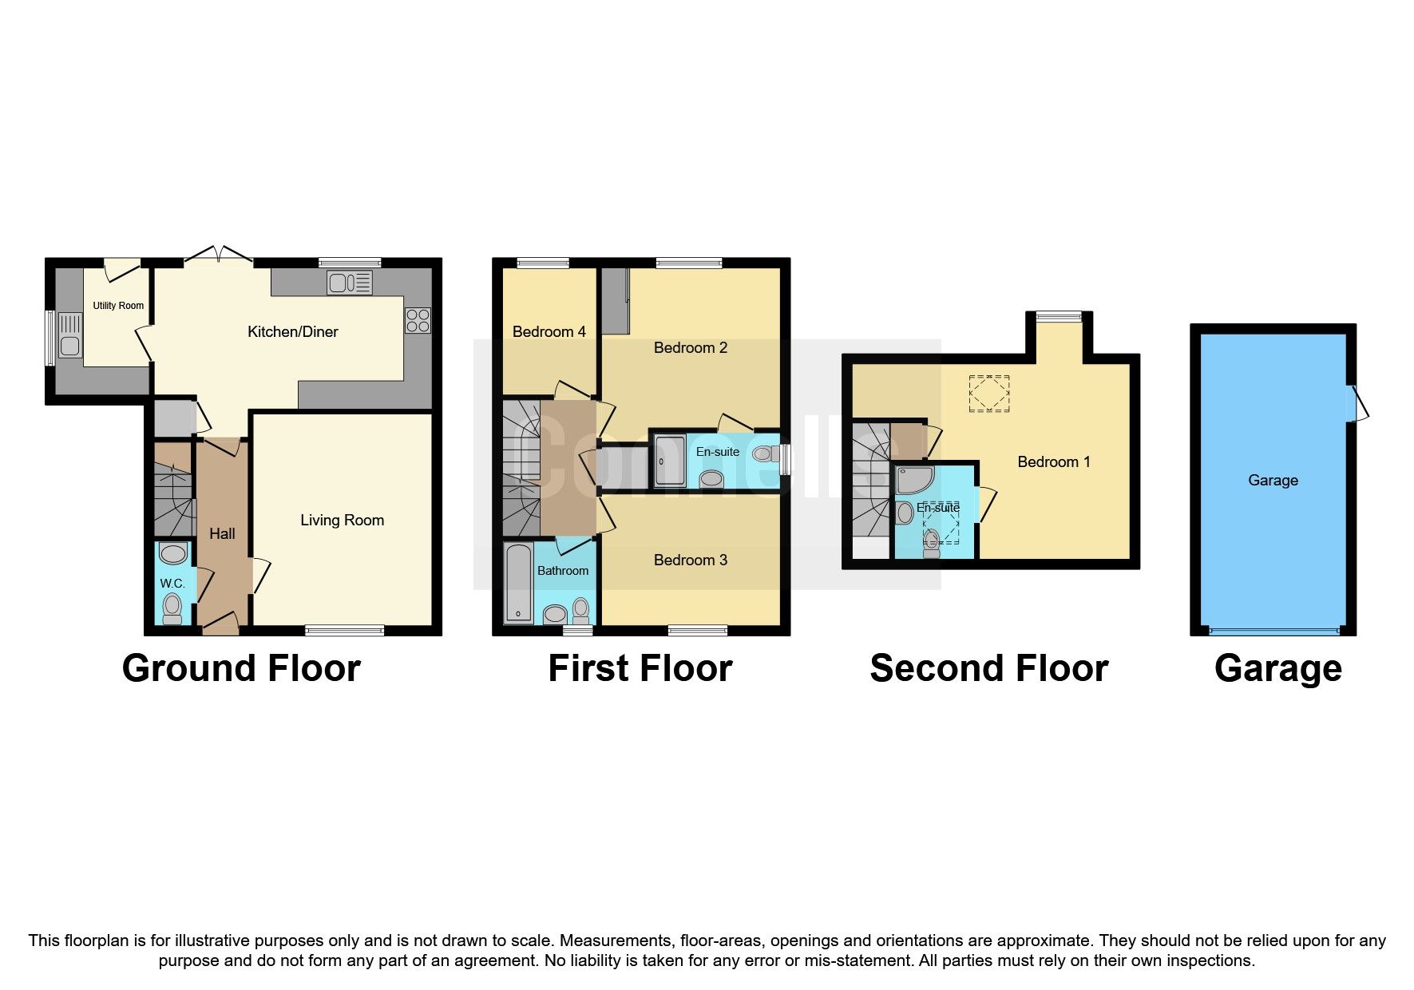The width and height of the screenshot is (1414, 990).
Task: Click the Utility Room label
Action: (118, 306)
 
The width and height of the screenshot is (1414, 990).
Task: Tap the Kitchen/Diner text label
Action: (292, 332)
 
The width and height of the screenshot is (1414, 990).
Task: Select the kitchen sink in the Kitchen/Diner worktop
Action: (349, 282)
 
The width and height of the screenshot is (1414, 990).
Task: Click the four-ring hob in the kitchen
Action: (418, 320)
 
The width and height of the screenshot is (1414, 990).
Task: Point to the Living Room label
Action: (342, 521)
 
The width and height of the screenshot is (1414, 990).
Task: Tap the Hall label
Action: (222, 534)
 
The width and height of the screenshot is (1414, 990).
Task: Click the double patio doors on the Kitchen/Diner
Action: (218, 255)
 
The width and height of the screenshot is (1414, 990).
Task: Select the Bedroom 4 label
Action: (549, 332)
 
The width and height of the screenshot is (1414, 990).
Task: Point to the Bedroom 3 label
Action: (690, 560)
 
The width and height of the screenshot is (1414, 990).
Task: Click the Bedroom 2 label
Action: (690, 348)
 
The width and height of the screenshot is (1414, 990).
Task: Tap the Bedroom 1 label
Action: (1053, 462)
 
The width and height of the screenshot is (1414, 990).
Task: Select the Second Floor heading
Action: (988, 669)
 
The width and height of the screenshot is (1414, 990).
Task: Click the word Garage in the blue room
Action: (1273, 481)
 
